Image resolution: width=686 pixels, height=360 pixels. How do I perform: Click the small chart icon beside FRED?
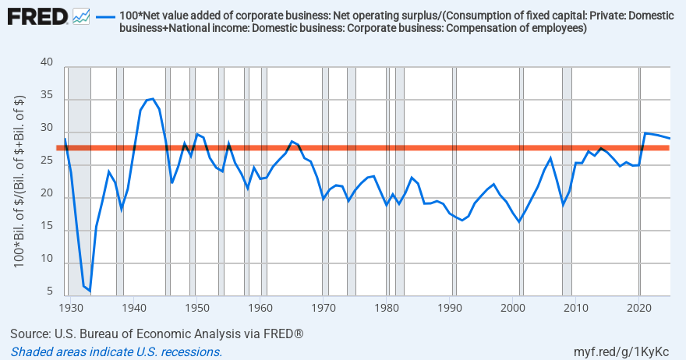[x=81, y=16]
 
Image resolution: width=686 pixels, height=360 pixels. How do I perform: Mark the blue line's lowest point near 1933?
[x=90, y=291]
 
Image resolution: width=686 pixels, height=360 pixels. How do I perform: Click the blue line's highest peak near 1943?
[x=153, y=99]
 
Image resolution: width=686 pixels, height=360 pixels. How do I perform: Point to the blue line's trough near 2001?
[x=519, y=222]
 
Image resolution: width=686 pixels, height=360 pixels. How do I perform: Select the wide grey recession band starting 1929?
[x=79, y=179]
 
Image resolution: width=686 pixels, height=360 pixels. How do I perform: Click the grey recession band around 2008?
[x=567, y=179]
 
